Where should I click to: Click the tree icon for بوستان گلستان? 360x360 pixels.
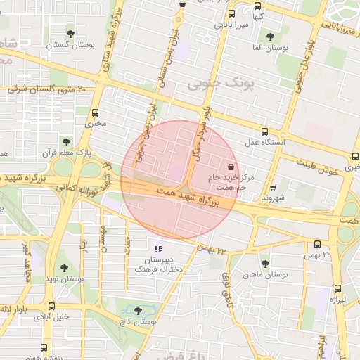click(x=70, y=33)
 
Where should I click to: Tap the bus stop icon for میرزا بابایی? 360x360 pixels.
click(x=232, y=13)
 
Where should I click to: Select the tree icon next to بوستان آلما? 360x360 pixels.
click(x=270, y=37)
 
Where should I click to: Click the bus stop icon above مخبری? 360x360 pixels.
click(x=96, y=112)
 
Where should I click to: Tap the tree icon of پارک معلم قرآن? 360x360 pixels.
click(x=66, y=142)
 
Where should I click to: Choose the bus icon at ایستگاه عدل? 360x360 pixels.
click(x=264, y=131)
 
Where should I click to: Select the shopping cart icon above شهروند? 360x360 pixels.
click(x=273, y=188)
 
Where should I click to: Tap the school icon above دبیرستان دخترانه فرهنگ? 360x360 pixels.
click(x=158, y=249)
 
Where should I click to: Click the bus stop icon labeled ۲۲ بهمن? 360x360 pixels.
click(x=317, y=244)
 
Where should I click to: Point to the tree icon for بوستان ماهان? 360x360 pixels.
click(x=265, y=264)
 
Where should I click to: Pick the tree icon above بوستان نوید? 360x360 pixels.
click(x=65, y=268)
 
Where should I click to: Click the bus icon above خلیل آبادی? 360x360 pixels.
click(x=51, y=306)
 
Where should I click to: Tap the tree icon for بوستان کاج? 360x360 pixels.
click(x=137, y=310)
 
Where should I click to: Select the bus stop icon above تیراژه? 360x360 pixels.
click(x=337, y=288)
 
